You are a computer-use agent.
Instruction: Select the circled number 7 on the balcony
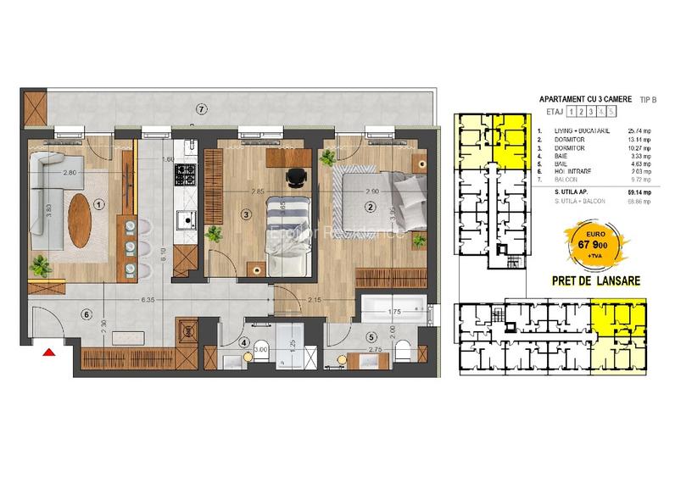(x=200, y=109)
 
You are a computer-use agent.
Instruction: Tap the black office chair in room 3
(x=293, y=176)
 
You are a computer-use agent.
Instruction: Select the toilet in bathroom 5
(x=404, y=347)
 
